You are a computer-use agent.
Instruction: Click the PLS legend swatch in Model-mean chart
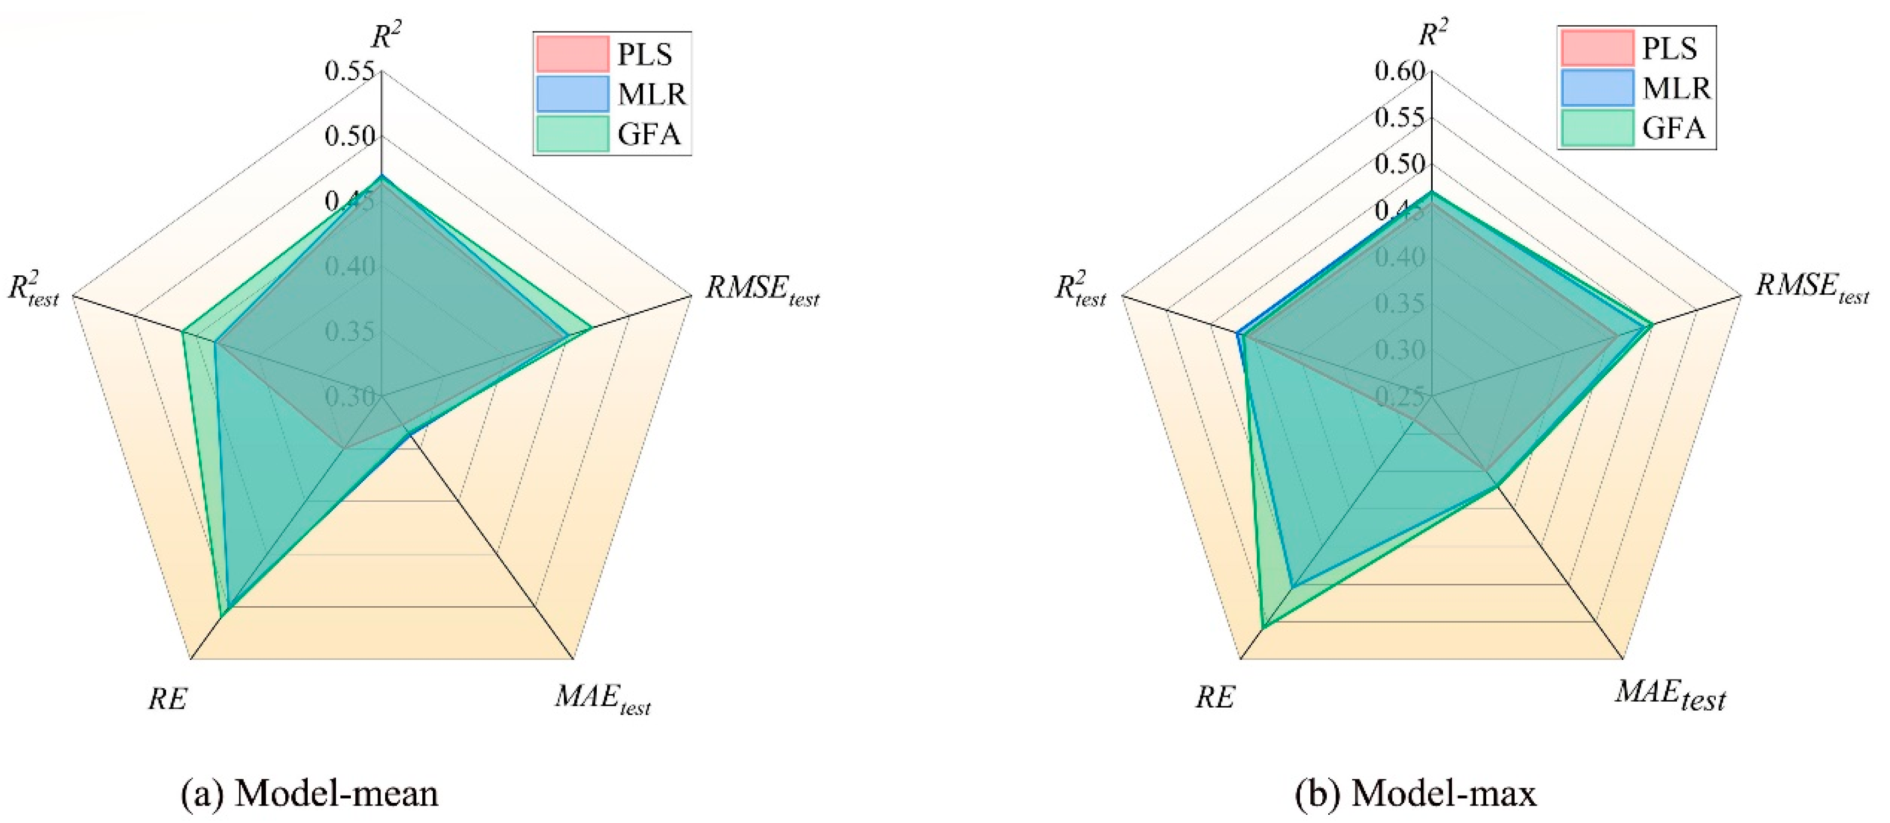click(572, 54)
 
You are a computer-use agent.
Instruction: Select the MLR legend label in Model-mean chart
click(651, 94)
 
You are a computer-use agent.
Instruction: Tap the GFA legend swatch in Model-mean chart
click(572, 133)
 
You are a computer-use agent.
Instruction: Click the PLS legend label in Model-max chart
click(1669, 49)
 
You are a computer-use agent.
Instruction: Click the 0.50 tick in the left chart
click(350, 137)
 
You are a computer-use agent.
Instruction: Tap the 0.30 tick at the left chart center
click(350, 397)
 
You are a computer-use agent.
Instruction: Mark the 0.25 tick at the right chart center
click(1400, 397)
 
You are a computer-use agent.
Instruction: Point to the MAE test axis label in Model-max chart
click(1670, 695)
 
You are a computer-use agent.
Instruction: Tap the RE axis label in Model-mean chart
click(167, 699)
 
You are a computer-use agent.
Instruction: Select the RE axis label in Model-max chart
click(1216, 697)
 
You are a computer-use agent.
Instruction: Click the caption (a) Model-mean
click(310, 794)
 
